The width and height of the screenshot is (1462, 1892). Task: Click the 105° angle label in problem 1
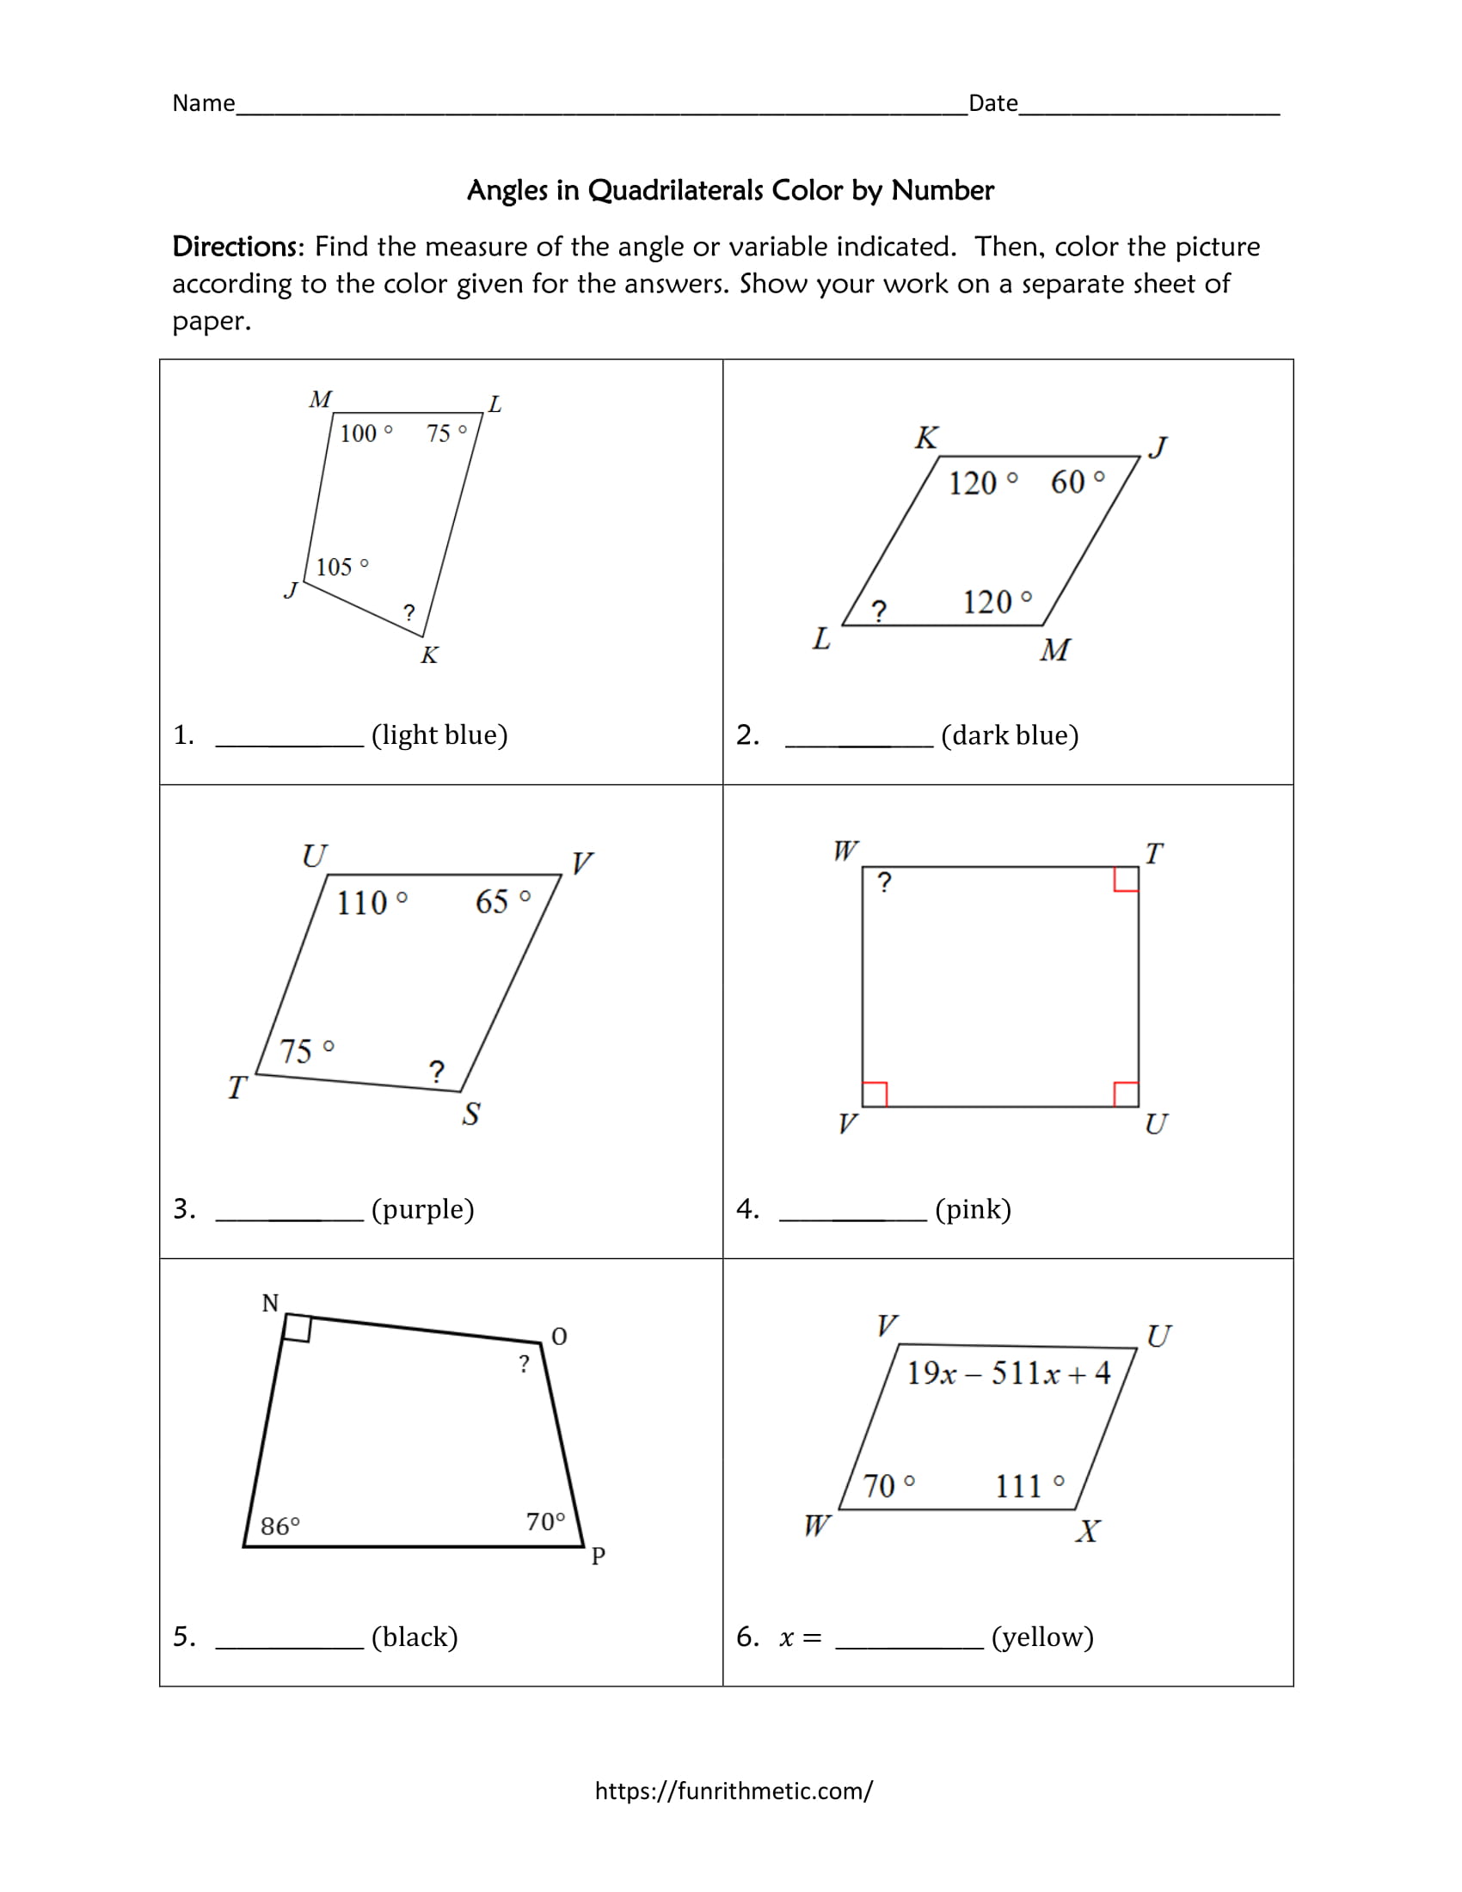tap(341, 568)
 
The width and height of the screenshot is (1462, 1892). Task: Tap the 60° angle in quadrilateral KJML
tap(1077, 482)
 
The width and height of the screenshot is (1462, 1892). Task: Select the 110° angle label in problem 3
tap(371, 903)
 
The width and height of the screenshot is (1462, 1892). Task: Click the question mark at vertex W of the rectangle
tap(883, 882)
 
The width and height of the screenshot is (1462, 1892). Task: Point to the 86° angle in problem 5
tap(279, 1526)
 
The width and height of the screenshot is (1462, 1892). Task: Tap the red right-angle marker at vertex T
tap(1125, 879)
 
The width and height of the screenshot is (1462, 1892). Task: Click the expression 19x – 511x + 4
tap(1008, 1373)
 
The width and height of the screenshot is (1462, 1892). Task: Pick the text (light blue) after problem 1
tap(439, 734)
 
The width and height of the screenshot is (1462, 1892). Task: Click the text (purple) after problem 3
tap(422, 1208)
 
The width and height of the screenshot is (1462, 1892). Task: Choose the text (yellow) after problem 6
tap(1042, 1637)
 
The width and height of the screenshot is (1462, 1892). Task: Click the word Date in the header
tap(992, 103)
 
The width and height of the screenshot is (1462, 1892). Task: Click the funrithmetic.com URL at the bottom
tap(733, 1791)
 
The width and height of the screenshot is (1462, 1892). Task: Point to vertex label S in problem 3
tap(470, 1114)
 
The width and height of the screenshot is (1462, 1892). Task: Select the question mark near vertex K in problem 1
tap(408, 612)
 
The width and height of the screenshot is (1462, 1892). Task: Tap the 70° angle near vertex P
tap(544, 1521)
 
